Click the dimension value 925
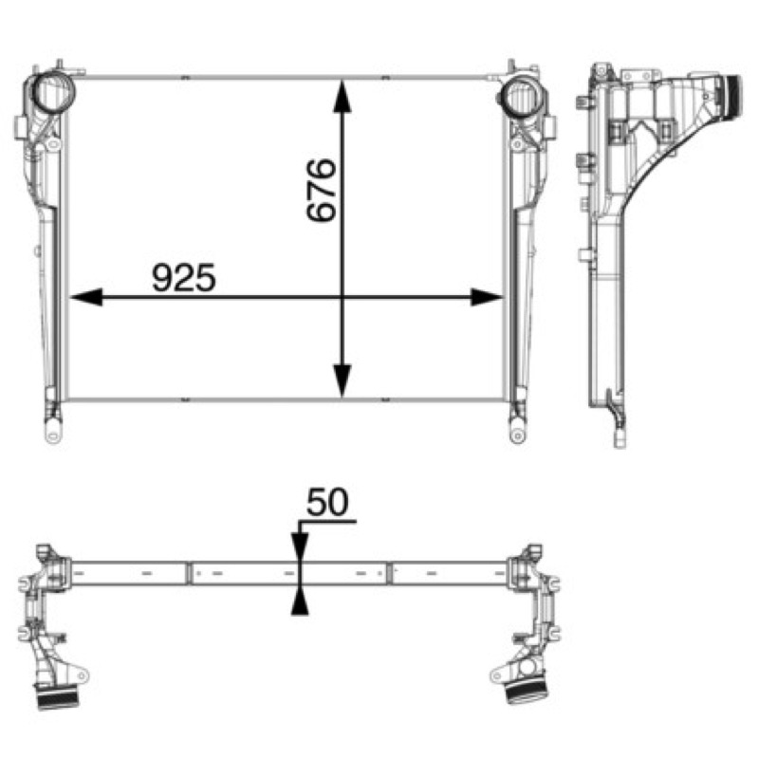[x=184, y=277]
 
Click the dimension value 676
[x=322, y=190]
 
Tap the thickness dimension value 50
[x=327, y=502]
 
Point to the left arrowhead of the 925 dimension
[x=86, y=297]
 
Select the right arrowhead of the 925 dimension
[x=487, y=297]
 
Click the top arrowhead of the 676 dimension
[x=342, y=97]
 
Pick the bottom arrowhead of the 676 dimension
[x=342, y=381]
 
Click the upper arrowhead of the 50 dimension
[x=300, y=547]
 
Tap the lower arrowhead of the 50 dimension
[x=300, y=601]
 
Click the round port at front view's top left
[x=53, y=92]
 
